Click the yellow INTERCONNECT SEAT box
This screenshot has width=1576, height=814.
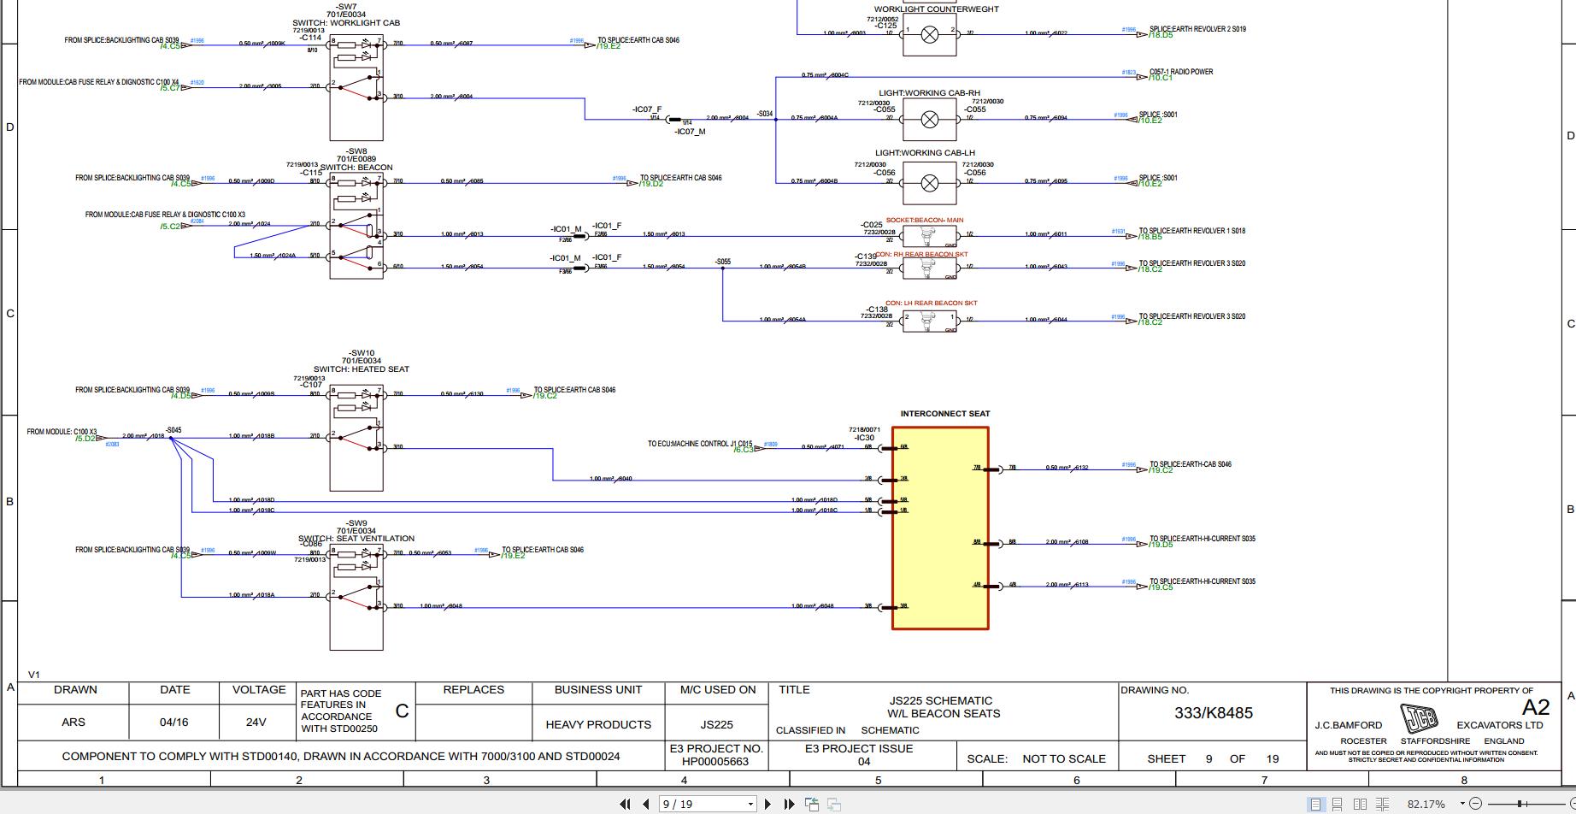(940, 528)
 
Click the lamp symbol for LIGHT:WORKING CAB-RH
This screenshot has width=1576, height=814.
(929, 119)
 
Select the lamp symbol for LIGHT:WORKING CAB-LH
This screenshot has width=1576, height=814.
(929, 182)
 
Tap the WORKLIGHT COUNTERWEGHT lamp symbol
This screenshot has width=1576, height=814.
(929, 34)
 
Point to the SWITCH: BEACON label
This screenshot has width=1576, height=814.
(356, 168)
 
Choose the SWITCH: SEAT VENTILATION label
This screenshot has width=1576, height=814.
(356, 539)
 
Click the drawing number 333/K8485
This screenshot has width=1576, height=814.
(1213, 713)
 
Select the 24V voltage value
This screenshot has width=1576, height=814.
(256, 723)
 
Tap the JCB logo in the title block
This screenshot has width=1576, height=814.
(1419, 718)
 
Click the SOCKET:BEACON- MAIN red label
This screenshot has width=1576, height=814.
(924, 221)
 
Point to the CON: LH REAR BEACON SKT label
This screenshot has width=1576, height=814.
(931, 303)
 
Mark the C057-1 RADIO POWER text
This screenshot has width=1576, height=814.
(1180, 72)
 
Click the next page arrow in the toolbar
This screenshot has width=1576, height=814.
(767, 804)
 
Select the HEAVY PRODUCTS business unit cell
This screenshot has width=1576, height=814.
(597, 724)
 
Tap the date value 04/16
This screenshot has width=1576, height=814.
(173, 723)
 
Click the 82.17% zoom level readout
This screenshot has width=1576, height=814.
(1426, 805)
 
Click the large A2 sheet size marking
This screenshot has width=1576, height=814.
(1535, 707)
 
